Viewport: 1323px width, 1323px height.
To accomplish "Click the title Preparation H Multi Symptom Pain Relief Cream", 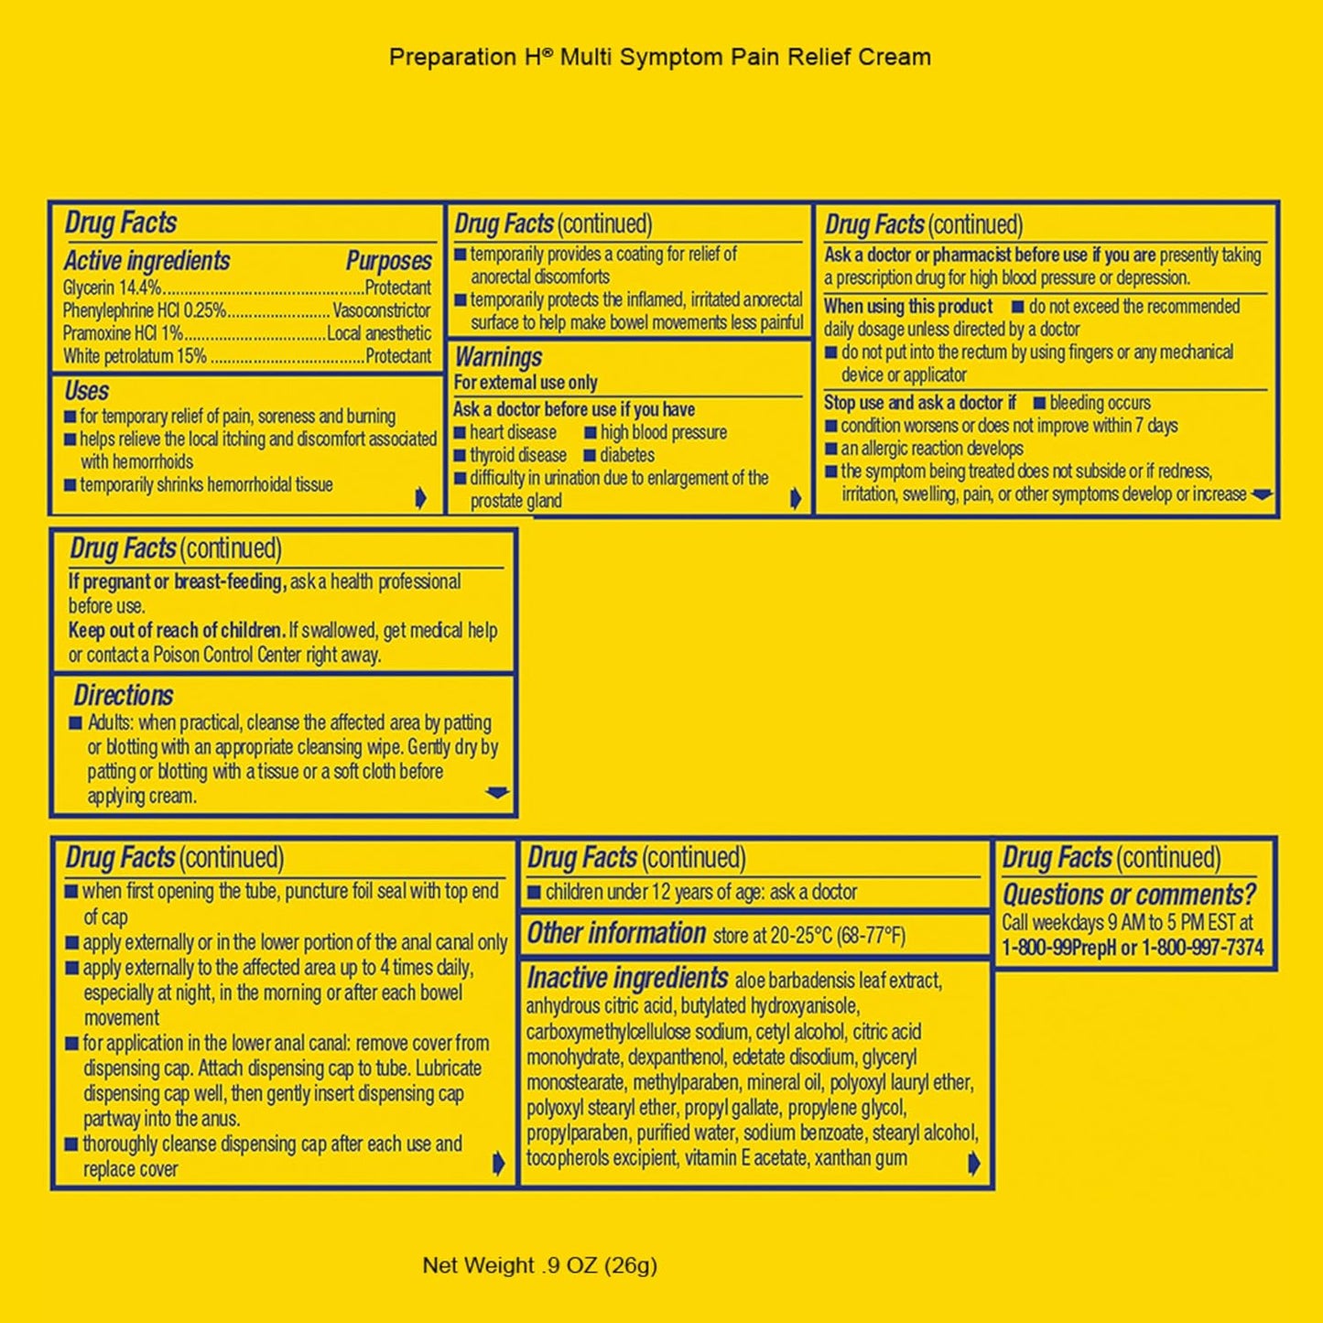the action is pos(660,57).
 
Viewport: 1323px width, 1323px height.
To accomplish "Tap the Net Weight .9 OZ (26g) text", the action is pos(539,1264).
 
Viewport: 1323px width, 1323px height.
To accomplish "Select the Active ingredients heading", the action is pos(146,261).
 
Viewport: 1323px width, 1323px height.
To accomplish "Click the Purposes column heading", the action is pos(388,261).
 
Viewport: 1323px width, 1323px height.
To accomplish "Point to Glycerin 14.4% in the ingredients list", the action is pos(112,287).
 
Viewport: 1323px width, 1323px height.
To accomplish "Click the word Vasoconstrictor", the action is pos(382,310).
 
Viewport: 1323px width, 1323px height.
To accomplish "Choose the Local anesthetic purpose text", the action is pos(379,333).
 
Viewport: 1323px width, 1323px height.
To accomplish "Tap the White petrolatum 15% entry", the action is pos(135,356).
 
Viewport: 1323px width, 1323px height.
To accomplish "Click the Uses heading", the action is pos(86,391).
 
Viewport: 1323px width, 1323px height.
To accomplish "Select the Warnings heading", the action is pos(498,357).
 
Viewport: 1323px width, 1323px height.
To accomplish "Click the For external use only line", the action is pos(526,383).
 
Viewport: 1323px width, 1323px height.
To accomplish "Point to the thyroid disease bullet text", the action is pos(518,455).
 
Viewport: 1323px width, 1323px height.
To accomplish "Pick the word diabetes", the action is pos(627,455).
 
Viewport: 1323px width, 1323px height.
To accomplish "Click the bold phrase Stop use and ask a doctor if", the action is pos(920,403).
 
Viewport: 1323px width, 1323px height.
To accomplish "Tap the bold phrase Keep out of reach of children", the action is pos(177,630).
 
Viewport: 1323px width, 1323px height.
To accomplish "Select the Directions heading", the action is pos(124,696).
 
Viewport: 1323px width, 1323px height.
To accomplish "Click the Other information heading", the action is pos(616,933).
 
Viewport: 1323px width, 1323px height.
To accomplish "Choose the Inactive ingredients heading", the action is pos(627,978).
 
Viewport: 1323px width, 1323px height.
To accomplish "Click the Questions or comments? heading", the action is pos(1130,895).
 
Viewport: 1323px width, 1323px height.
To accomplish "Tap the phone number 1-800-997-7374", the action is pos(1202,949).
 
